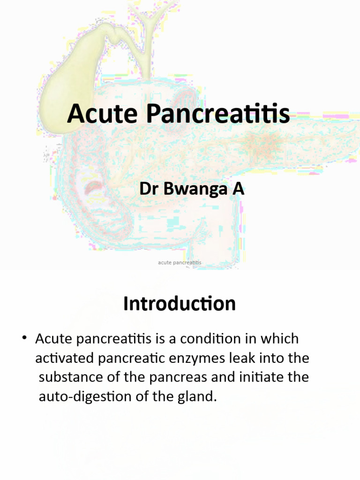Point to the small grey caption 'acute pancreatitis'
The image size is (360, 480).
tap(180, 262)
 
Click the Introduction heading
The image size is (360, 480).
tap(180, 304)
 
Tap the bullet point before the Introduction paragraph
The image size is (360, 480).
tap(24, 338)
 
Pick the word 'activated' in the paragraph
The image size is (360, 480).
tap(64, 358)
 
